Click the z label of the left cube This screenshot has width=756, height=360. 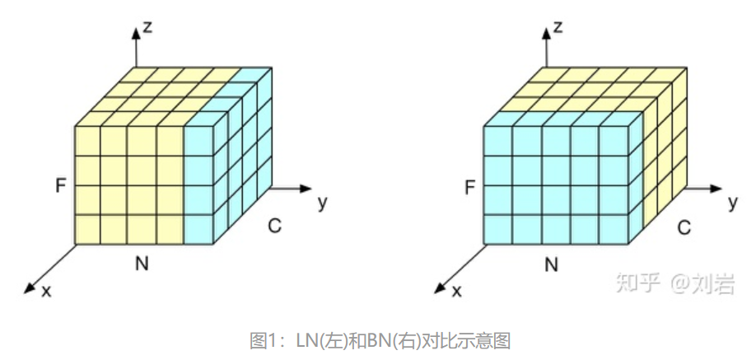[149, 27]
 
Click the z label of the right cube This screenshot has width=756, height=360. [558, 27]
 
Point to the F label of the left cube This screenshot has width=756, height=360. [60, 186]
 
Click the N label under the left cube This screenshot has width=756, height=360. [142, 264]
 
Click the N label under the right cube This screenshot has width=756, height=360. [552, 264]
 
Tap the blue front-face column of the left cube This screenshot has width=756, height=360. [199, 185]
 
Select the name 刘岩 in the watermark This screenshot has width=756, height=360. [715, 284]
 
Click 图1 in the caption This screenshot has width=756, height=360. [262, 339]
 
